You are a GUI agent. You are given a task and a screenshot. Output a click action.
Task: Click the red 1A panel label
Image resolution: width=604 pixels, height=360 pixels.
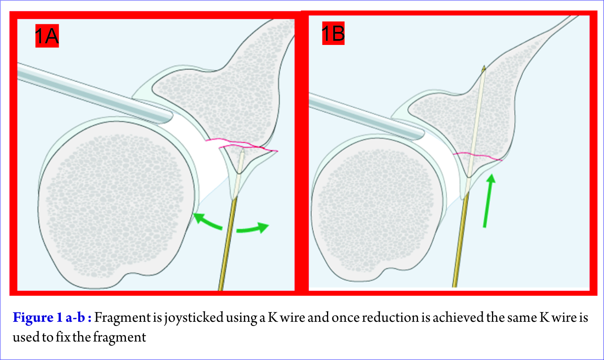click(x=47, y=36)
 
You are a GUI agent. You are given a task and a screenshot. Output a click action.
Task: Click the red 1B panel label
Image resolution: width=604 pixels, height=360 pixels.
click(x=333, y=33)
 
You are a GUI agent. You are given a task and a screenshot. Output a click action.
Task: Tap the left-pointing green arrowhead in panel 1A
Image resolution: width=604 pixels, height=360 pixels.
click(x=199, y=218)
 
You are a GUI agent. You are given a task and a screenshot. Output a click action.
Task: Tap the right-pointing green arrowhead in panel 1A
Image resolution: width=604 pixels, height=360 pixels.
click(x=263, y=227)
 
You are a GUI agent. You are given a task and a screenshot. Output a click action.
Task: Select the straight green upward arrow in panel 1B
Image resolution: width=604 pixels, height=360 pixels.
click(x=488, y=201)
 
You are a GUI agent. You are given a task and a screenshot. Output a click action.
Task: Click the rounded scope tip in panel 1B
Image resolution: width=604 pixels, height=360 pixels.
click(x=421, y=134)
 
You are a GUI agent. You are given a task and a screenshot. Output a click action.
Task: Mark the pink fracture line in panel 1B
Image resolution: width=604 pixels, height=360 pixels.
click(x=478, y=156)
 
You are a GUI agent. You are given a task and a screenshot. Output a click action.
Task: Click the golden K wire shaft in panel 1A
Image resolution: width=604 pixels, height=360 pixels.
click(x=228, y=244)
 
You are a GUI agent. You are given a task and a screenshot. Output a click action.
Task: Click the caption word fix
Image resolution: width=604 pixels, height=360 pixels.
click(x=63, y=337)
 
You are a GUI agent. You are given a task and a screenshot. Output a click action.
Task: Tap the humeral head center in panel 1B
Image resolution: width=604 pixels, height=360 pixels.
click(x=377, y=208)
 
